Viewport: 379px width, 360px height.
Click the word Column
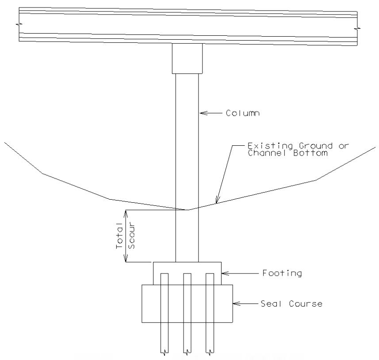[x=243, y=113]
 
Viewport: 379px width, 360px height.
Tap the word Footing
[x=282, y=273]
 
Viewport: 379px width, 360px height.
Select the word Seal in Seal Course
[x=271, y=303]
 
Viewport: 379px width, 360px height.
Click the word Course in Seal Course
[x=306, y=303]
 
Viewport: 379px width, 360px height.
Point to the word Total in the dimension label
[x=119, y=235]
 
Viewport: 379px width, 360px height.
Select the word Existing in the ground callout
[x=270, y=146]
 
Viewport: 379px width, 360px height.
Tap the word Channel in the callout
[x=267, y=153]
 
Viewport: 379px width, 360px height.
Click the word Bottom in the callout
[x=310, y=153]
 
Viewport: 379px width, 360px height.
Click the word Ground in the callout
[x=316, y=146]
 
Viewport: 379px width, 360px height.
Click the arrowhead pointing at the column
[x=203, y=113]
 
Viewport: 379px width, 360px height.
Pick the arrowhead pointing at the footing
[x=225, y=273]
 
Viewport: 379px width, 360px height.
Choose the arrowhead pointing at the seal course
[x=237, y=303]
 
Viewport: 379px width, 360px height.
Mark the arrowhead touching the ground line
[x=217, y=199]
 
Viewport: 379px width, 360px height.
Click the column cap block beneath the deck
[x=187, y=58]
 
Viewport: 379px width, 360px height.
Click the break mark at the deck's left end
[x=19, y=24]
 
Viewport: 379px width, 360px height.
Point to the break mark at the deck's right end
[x=357, y=28]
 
